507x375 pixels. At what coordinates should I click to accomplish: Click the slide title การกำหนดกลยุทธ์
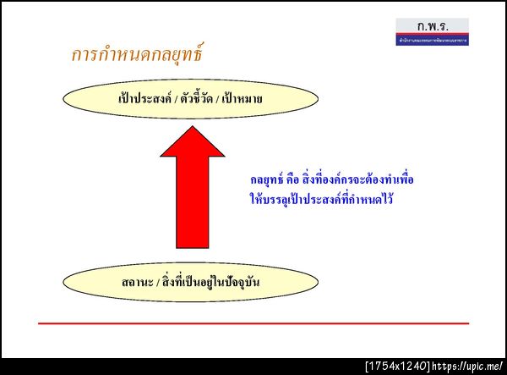[136, 57]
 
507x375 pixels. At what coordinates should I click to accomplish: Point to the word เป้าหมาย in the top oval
[243, 99]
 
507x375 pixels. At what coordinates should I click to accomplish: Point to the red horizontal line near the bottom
[253, 323]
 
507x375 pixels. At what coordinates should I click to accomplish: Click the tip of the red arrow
[193, 128]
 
